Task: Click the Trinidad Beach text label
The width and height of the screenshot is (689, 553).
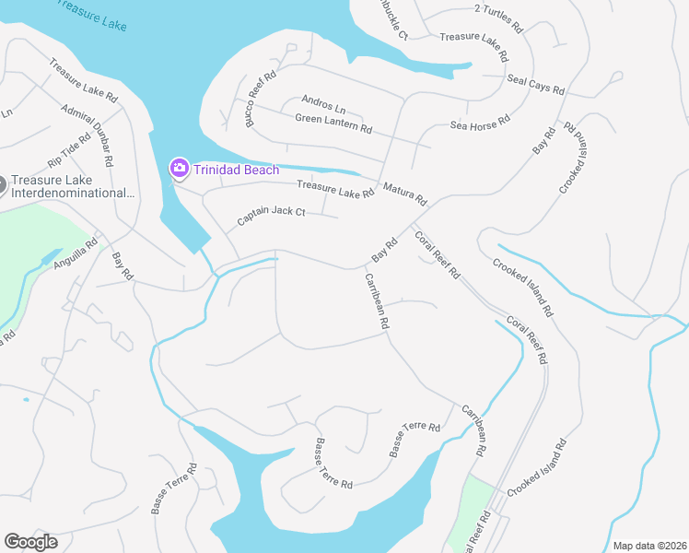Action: pos(237,170)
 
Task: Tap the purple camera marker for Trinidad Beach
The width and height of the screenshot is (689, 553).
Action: pos(179,168)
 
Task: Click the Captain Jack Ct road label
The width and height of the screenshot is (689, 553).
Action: pos(271,215)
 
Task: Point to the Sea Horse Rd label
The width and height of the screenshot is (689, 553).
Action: pos(480,124)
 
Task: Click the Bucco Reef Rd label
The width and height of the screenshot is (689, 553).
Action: pos(261,100)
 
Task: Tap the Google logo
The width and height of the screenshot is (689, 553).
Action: pos(30,542)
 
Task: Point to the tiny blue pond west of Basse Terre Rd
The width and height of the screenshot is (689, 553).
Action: pos(25,400)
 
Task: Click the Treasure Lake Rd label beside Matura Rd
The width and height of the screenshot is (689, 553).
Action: pos(335,188)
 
